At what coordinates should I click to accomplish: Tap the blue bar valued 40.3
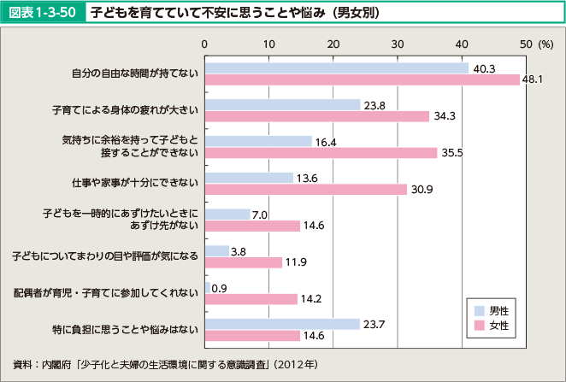[x=337, y=68]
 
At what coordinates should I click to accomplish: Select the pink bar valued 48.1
[x=363, y=79]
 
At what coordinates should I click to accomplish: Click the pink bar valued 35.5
[x=321, y=152]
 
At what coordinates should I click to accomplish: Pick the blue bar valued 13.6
[x=249, y=178]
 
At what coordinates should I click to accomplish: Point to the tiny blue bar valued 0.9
[x=208, y=287]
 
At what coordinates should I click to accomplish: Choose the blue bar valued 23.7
[x=282, y=324]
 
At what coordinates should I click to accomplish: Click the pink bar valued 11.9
[x=244, y=262]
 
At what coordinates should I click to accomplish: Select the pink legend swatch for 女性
[x=480, y=326]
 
